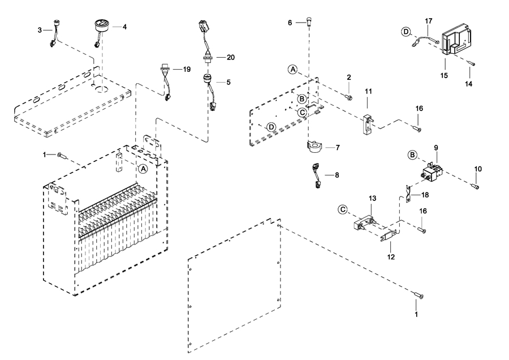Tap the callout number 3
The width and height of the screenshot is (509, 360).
pos(40,29)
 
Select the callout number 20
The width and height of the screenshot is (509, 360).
pos(230,58)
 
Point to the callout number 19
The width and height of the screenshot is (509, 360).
pos(186,69)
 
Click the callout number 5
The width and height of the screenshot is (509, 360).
pos(228,82)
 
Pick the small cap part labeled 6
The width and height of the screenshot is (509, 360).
pos(308,23)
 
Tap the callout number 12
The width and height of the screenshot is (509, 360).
pos(391,256)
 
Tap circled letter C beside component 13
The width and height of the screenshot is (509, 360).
pos(343,209)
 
